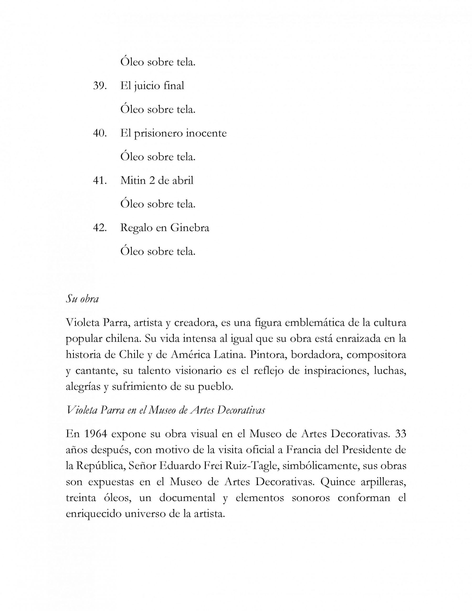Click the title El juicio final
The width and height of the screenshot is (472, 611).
152,86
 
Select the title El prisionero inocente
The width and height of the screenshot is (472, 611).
173,133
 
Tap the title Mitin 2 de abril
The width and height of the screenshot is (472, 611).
157,180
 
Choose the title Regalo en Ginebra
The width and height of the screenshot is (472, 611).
164,228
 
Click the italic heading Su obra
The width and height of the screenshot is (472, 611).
82,299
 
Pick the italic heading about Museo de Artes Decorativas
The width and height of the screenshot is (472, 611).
165,410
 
